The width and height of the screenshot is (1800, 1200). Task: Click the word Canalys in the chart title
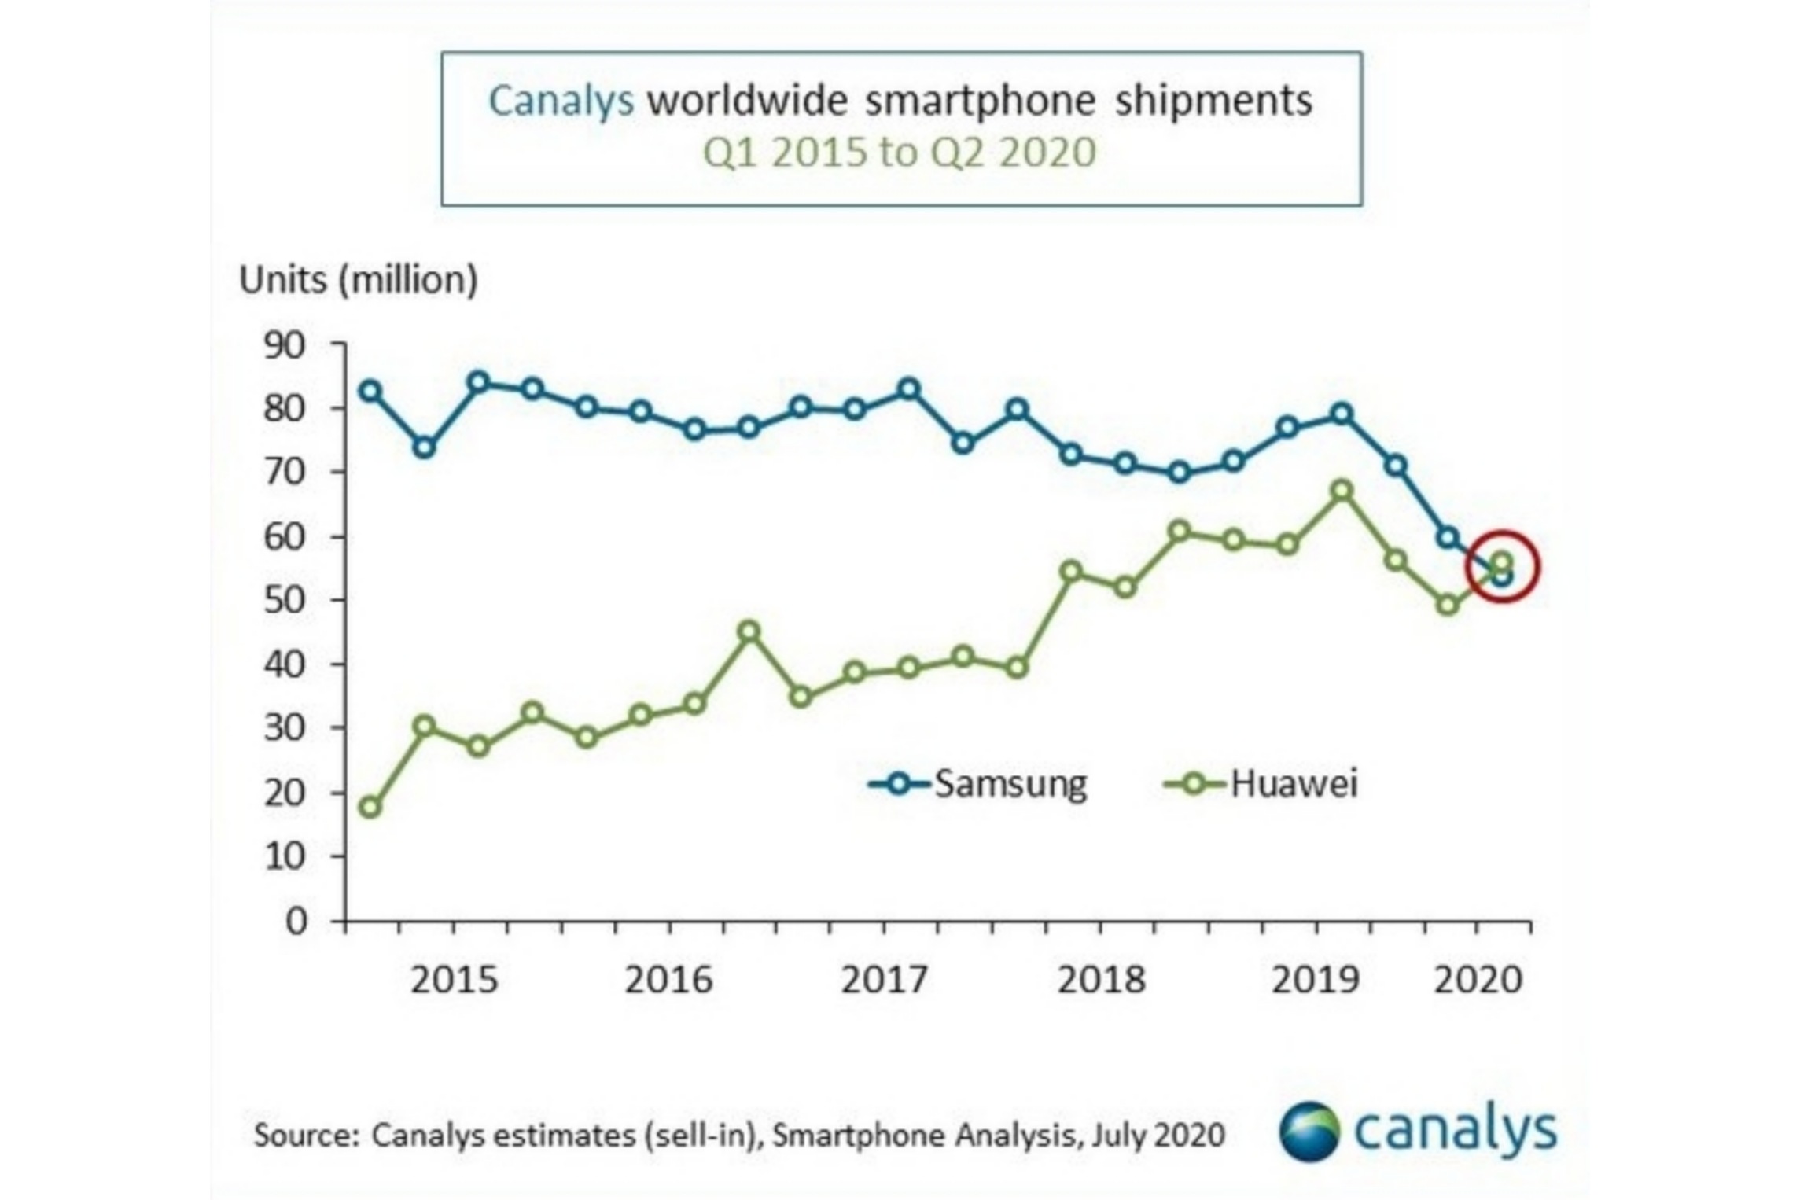coord(561,101)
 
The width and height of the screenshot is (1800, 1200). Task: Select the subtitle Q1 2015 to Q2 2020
coord(899,153)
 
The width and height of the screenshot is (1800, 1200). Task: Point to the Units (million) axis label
coord(358,281)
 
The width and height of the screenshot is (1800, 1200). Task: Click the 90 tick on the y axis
coord(284,345)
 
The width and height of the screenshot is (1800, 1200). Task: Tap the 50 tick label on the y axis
coord(284,601)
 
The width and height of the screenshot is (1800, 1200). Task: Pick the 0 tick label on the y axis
coord(296,921)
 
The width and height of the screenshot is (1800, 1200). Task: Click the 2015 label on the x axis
coord(454,981)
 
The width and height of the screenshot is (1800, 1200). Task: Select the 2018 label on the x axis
coord(1101,981)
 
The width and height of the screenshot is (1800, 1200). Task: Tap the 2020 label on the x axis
coord(1478,981)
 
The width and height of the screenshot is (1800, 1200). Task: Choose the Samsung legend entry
coord(979,784)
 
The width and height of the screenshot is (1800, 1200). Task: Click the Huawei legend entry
coord(1262,784)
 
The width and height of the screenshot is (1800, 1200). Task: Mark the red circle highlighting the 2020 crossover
coord(1502,568)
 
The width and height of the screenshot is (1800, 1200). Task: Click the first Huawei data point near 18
coord(370,808)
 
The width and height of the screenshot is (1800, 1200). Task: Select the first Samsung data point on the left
coord(370,391)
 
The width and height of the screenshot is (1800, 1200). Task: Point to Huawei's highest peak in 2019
coord(1342,491)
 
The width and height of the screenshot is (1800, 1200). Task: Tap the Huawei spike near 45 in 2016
coord(749,631)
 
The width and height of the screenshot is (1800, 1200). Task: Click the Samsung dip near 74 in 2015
coord(424,447)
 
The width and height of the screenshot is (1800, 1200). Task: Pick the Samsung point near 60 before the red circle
coord(1448,538)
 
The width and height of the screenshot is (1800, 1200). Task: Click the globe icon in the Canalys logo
coord(1309,1132)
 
